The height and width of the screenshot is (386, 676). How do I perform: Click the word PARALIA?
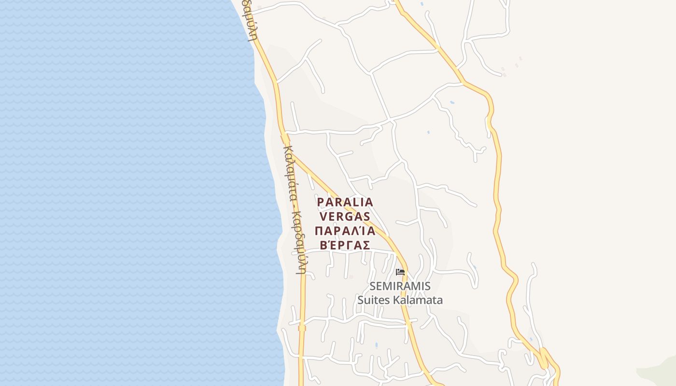click(x=345, y=202)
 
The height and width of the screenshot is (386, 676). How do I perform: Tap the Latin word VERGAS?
click(x=345, y=216)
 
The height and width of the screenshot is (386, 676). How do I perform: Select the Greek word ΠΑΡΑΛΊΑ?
click(x=345, y=230)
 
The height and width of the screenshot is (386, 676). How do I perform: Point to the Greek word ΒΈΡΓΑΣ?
click(x=345, y=245)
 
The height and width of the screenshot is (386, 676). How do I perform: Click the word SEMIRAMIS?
click(x=400, y=286)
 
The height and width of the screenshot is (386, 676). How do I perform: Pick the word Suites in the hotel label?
click(x=373, y=300)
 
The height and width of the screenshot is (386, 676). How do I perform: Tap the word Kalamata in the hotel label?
click(x=418, y=300)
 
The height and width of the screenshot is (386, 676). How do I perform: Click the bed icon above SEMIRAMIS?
click(x=400, y=272)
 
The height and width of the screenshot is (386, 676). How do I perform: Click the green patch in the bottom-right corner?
click(x=659, y=372)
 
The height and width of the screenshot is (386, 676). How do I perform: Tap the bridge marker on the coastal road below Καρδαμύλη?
click(x=302, y=328)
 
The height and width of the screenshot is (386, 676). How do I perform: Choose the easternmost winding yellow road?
click(x=497, y=193)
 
